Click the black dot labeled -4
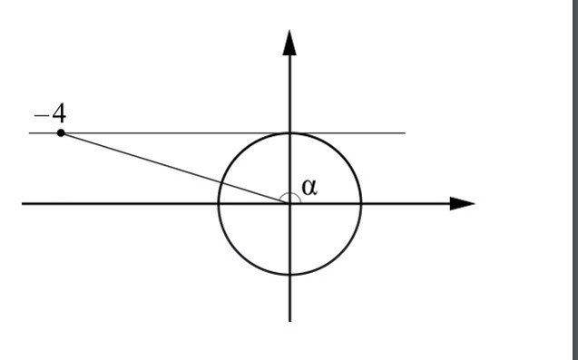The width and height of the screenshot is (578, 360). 61,133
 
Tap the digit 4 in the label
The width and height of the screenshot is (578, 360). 59,113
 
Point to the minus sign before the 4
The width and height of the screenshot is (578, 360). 42,116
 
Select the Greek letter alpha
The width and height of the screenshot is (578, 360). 309,187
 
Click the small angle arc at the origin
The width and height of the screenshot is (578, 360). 290,194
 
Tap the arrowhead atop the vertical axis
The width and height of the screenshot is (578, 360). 289,43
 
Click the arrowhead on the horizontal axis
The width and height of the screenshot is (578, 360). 462,203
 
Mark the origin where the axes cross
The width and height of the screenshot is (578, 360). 289,203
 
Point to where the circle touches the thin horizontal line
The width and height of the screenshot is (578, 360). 289,132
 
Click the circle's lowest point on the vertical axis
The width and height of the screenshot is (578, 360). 289,275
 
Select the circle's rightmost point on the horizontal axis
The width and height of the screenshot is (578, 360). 361,203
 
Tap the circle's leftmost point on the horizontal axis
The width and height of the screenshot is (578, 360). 219,203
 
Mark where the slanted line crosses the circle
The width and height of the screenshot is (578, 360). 221,183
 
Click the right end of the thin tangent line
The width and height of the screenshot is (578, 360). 405,132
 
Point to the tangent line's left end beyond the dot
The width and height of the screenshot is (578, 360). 29,132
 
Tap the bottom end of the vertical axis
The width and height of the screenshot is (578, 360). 289,321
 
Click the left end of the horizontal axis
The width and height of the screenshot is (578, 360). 22,203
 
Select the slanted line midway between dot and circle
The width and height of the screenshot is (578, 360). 142,158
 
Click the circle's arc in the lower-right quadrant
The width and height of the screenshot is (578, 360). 340,254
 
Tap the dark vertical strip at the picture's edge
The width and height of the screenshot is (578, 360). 574,180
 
